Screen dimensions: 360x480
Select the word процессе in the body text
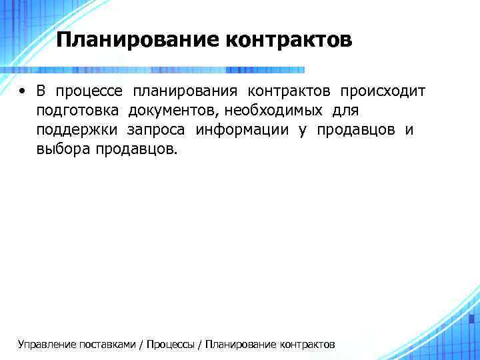click(x=89, y=91)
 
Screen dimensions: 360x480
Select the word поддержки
click(x=77, y=130)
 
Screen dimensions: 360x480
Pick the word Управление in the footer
click(x=47, y=344)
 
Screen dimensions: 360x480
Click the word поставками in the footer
click(x=106, y=344)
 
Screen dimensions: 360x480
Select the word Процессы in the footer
click(x=170, y=344)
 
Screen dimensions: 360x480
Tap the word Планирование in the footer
click(x=242, y=344)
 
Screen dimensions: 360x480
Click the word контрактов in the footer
click(x=308, y=344)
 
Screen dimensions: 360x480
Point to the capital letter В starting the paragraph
click(x=41, y=91)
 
